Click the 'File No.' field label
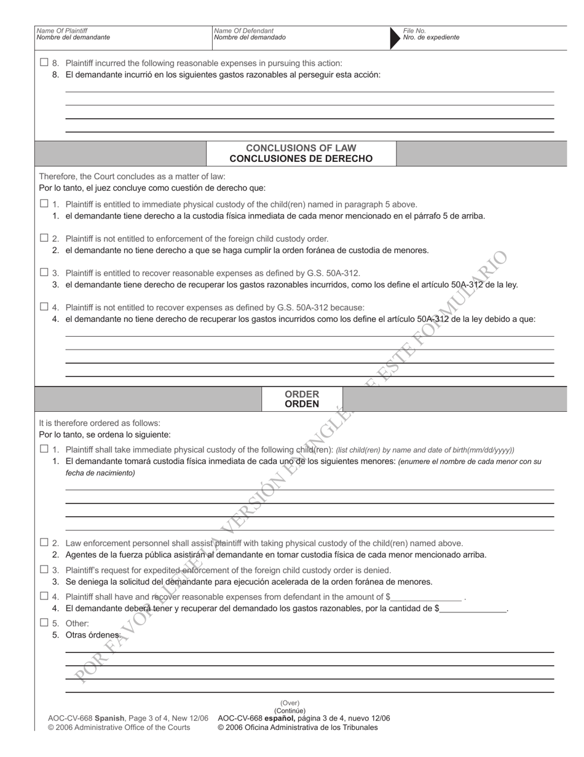[414, 30]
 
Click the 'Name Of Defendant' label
[243, 30]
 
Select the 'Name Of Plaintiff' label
[62, 30]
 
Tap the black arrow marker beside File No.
[394, 38]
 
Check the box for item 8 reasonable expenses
[44, 62]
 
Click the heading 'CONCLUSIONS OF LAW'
[301, 148]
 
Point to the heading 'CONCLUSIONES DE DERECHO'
[301, 159]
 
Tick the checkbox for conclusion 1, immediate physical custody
[44, 204]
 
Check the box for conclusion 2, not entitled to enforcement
[44, 238]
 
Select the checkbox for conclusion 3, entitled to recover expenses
[44, 272]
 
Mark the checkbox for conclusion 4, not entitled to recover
[44, 306]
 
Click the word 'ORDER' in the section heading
[302, 394]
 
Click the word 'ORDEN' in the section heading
[302, 404]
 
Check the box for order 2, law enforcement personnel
[44, 542]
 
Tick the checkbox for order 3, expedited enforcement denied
[44, 569]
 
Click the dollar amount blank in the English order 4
[426, 597]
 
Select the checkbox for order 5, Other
[44, 622]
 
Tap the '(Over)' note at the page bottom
[290, 703]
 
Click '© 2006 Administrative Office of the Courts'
[119, 727]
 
